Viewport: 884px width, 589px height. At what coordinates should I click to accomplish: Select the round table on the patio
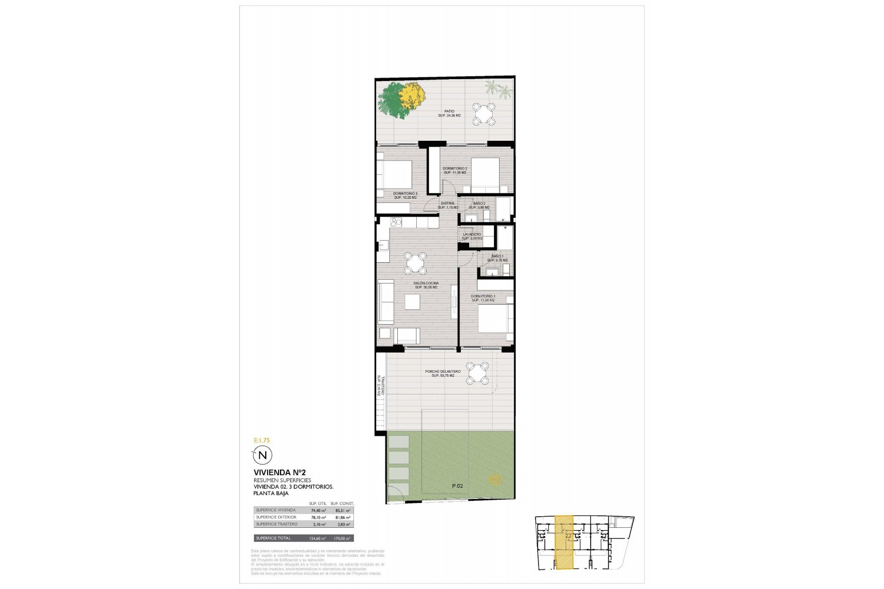point(483,114)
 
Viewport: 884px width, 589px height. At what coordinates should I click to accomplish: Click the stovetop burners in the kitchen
point(74,222)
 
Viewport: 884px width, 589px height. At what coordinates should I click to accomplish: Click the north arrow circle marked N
point(263,456)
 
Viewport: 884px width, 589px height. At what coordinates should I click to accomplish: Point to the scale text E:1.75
point(262,440)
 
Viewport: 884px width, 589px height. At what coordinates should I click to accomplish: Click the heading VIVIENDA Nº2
point(273,472)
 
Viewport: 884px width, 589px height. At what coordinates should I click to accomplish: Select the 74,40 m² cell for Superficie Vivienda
point(319,510)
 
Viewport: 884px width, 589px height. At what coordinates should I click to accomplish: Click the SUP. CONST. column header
point(342,503)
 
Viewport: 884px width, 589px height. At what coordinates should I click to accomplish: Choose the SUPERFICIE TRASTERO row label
point(277,525)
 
